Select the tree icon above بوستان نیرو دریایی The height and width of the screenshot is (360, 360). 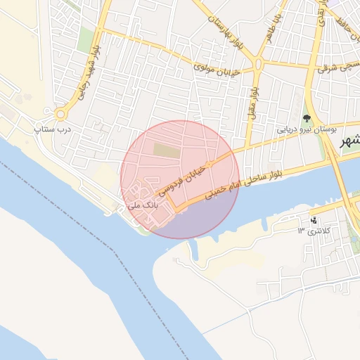point(307,117)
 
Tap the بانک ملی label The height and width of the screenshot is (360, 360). point(146,204)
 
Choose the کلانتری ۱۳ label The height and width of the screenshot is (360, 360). point(313,231)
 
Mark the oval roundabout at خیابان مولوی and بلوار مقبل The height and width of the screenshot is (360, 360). point(257,67)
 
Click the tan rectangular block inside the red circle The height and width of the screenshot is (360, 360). point(167,150)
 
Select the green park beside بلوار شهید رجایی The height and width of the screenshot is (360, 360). point(85,40)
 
